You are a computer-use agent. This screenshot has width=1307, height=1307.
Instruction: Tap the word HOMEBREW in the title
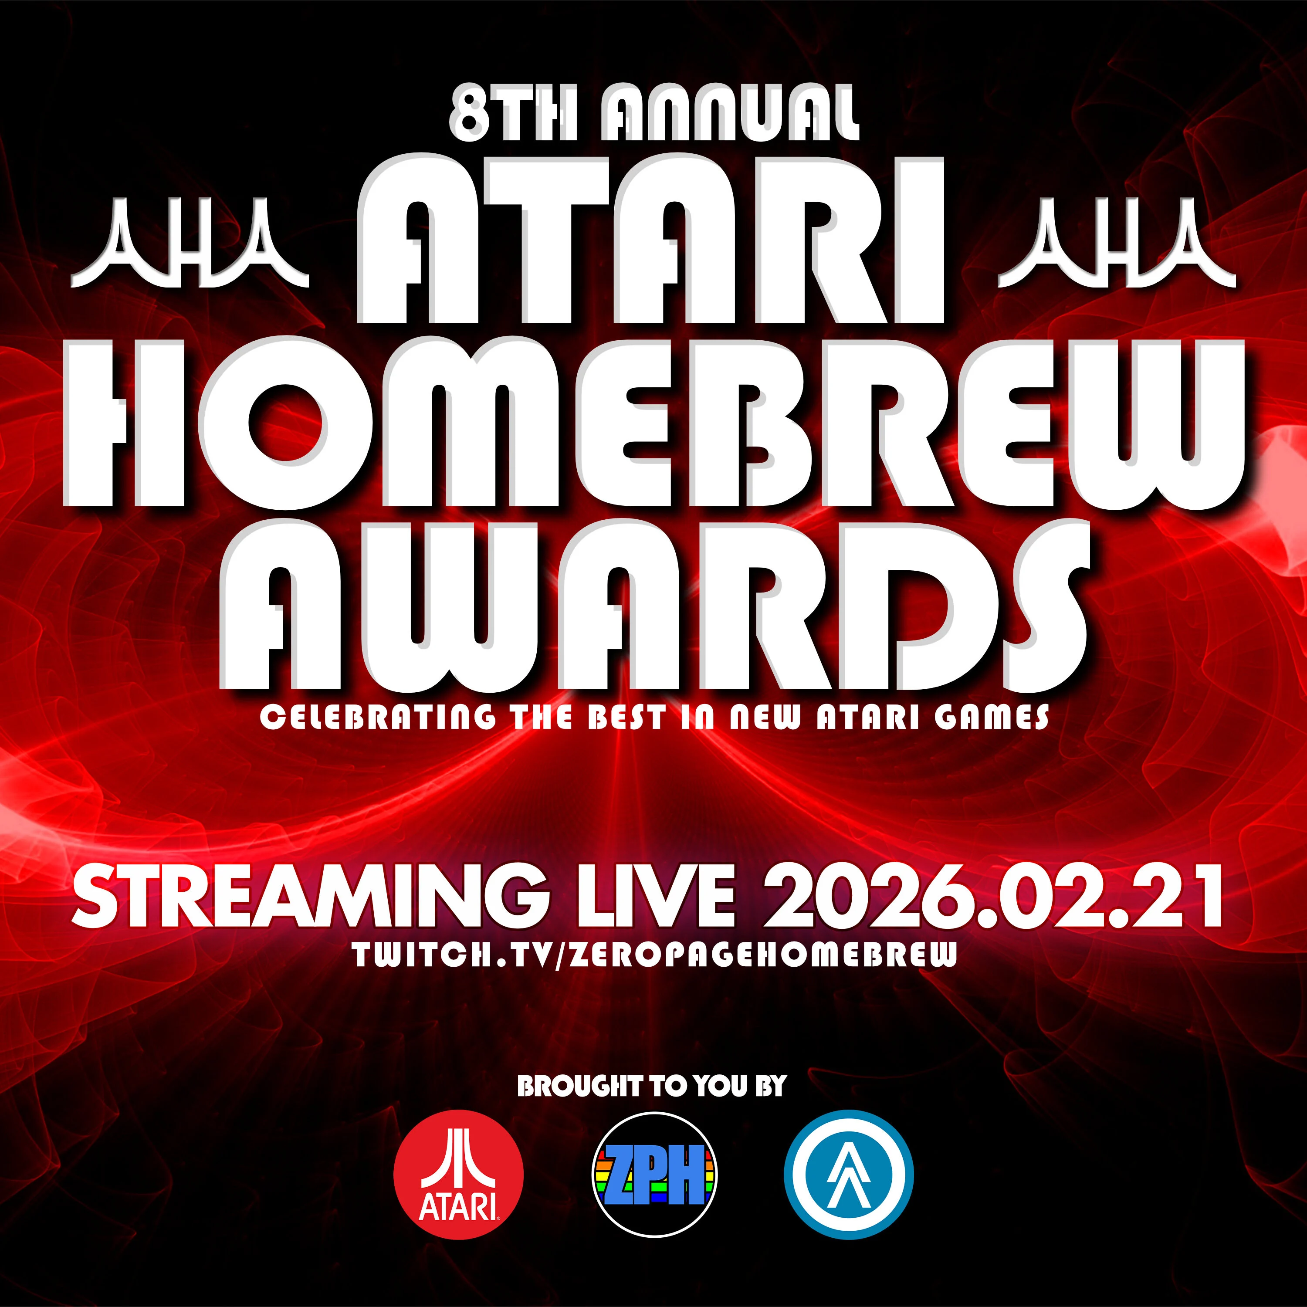(x=653, y=424)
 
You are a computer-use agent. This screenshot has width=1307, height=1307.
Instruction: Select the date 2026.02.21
(x=992, y=898)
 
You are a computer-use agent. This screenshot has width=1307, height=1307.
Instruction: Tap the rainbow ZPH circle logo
(x=654, y=1175)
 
